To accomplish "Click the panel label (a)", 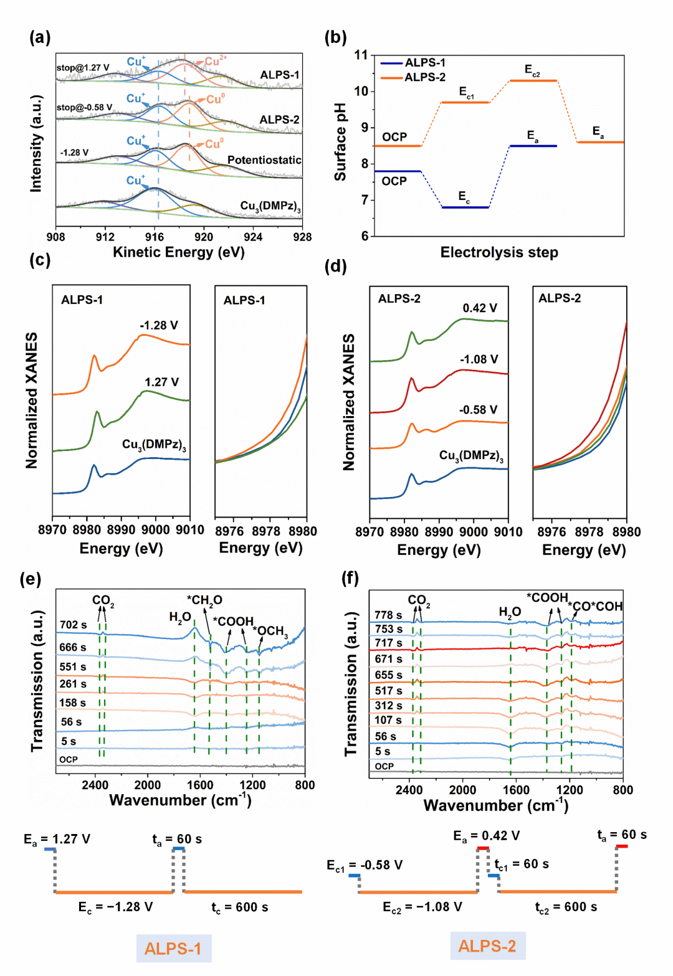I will click(40, 37).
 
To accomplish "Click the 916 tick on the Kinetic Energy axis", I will click(155, 237).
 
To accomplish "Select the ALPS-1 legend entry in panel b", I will click(424, 63).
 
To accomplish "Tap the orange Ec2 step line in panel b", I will click(533, 81).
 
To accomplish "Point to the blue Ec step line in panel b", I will click(465, 207).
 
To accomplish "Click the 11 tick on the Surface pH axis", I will click(361, 55).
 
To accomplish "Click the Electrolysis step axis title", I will click(499, 252).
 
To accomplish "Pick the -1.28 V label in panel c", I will click(158, 325).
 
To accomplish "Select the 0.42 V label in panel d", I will click(479, 308).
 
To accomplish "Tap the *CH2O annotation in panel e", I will click(204, 600).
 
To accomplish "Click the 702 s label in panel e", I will click(73, 625).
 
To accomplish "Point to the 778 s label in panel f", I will click(388, 615).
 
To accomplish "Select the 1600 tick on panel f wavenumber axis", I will click(516, 790).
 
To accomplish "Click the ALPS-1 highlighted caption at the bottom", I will click(173, 949).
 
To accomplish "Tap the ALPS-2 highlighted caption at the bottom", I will click(487, 946).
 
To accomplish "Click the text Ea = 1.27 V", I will click(57, 840).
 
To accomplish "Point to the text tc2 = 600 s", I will click(566, 907).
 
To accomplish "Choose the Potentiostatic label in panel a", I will click(264, 160).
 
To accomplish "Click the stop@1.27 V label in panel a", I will click(82, 67).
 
